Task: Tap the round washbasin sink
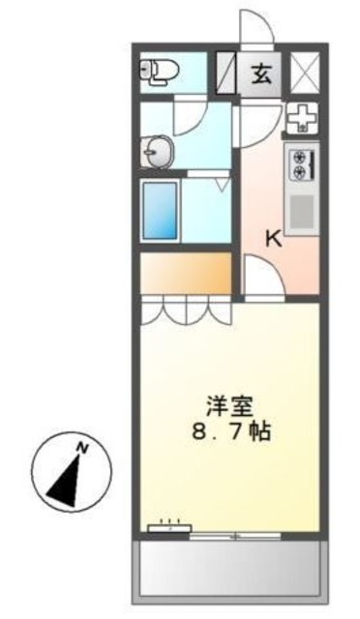tap(157, 151)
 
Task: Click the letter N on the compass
tap(84, 448)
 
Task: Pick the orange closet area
tap(185, 273)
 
